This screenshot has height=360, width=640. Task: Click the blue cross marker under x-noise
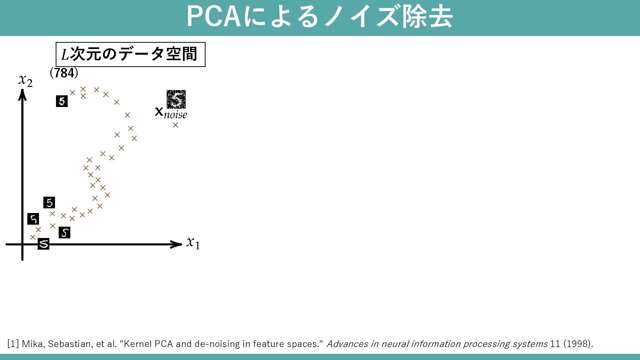pos(175,125)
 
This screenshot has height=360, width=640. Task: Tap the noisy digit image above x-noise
pos(176,99)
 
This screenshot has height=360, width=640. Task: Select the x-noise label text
pos(171,113)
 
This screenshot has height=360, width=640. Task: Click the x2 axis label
pos(25,80)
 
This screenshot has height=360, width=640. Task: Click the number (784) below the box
pos(64,73)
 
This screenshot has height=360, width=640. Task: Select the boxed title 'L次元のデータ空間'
pos(130,54)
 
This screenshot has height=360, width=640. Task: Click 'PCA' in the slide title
pos(213,17)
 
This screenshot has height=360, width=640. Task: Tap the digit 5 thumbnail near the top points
pos(62,101)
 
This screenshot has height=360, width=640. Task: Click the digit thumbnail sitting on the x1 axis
pos(43,244)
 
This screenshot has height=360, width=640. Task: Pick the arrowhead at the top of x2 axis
pos(22,95)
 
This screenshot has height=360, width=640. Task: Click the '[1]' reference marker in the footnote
pos(13,344)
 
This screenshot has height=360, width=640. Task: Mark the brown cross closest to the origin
pos(33,237)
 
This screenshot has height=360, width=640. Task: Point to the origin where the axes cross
pos(22,244)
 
